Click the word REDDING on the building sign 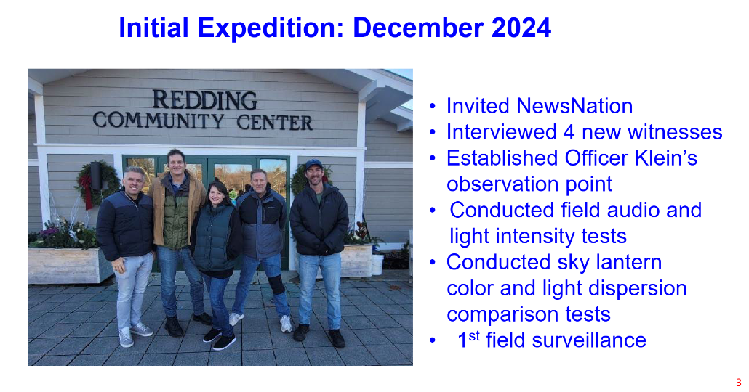(205, 101)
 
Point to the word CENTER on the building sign (275, 123)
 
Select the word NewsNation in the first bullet (574, 106)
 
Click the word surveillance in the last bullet (589, 340)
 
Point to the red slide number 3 (739, 383)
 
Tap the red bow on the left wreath (87, 191)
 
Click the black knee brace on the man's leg (276, 285)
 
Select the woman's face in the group (217, 194)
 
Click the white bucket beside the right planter (377, 264)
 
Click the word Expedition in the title (271, 28)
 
